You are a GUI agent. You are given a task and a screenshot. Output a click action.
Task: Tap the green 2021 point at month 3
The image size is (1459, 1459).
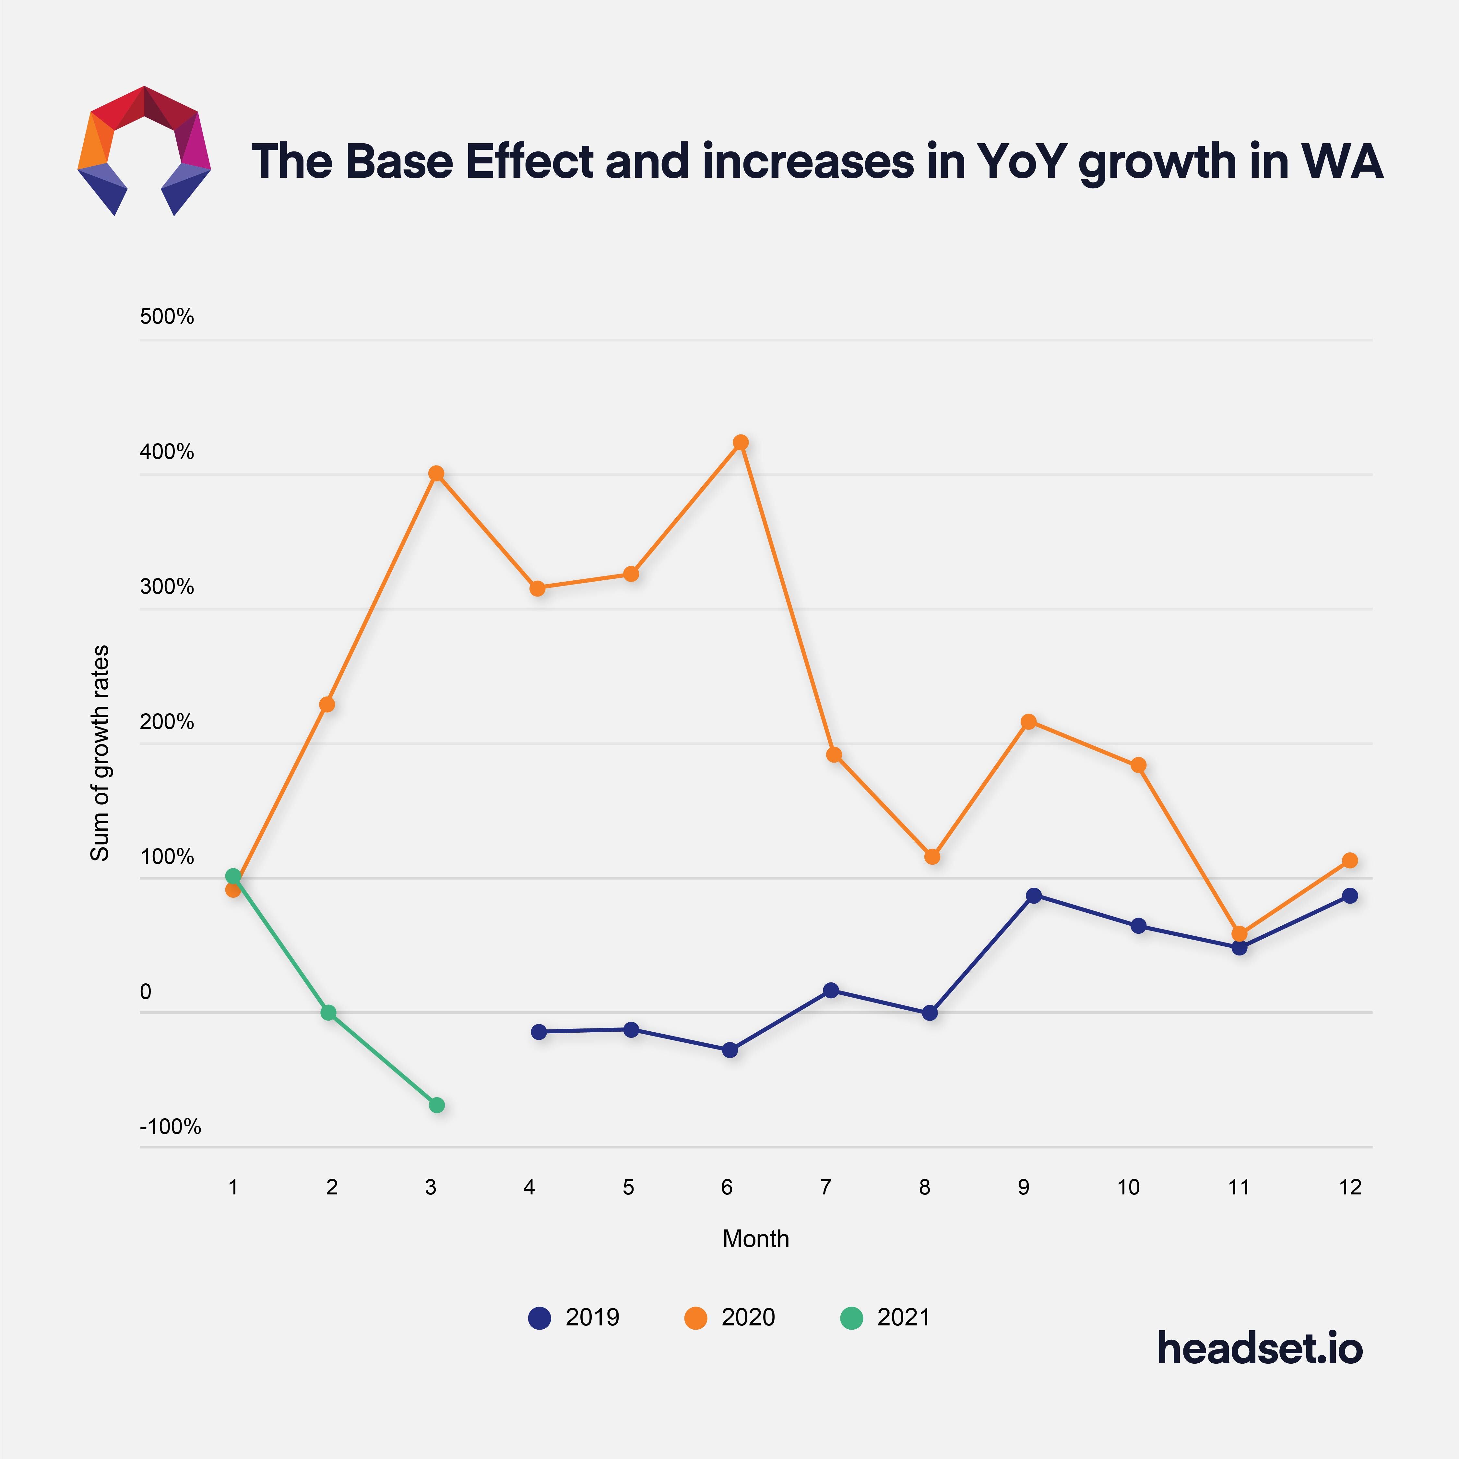click(x=436, y=1105)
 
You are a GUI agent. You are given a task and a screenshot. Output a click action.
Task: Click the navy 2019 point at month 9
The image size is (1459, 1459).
click(x=1034, y=896)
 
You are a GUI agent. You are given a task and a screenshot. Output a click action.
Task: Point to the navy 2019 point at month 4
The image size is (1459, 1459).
click(x=539, y=1032)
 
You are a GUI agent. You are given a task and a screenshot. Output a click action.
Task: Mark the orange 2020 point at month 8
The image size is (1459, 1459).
click(x=932, y=856)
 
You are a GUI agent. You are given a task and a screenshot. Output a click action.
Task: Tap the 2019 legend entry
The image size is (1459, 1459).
click(x=574, y=1318)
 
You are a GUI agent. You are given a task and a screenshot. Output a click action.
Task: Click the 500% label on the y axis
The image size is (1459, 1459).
click(x=167, y=316)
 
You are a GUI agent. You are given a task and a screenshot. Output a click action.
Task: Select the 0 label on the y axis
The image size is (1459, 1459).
click(x=146, y=991)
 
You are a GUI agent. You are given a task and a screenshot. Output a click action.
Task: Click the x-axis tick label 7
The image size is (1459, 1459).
click(x=825, y=1187)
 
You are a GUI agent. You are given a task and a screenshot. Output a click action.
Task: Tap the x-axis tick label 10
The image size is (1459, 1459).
click(x=1128, y=1187)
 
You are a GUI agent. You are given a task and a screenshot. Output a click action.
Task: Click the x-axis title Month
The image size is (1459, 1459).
click(x=755, y=1239)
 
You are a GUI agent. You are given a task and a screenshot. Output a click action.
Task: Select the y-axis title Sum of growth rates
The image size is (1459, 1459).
click(x=100, y=753)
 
